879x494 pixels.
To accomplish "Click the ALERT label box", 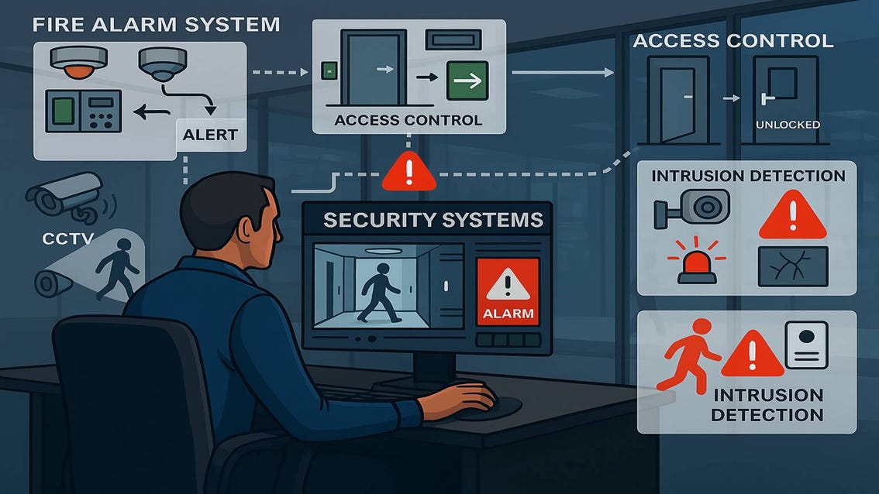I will click(x=210, y=134).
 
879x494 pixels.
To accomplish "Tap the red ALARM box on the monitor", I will click(x=508, y=291).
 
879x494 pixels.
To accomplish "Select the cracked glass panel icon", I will click(x=793, y=266).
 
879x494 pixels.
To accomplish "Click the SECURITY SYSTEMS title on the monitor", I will click(x=433, y=220).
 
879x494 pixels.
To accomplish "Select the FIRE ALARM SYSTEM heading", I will click(x=156, y=24).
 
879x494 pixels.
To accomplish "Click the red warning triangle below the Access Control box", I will click(x=408, y=171).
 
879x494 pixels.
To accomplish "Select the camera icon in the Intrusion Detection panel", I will click(x=691, y=207).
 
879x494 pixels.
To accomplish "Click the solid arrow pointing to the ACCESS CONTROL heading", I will click(x=562, y=73).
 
